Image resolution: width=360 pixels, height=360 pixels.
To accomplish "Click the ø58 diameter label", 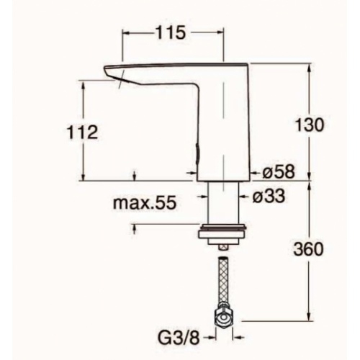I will point(276,172).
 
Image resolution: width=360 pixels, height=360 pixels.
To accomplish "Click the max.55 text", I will point(145,204).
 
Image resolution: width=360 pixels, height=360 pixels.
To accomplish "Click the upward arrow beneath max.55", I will point(135,228).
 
